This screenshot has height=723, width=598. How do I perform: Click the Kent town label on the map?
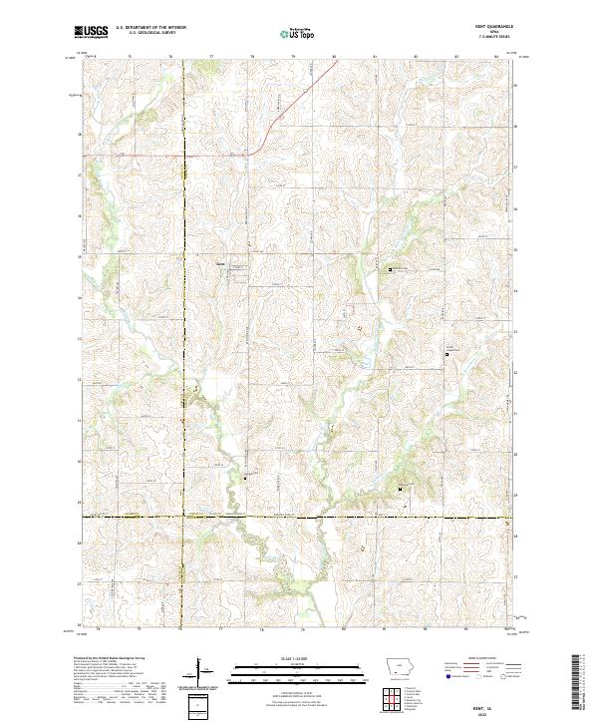[221, 263]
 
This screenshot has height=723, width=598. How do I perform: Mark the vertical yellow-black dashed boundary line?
[184, 299]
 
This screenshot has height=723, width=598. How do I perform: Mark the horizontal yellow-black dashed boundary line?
[299, 517]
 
